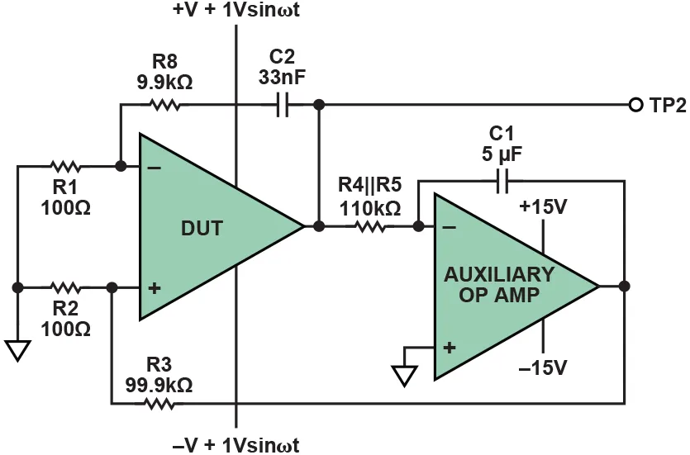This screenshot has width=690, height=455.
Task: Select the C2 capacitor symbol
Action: [283, 105]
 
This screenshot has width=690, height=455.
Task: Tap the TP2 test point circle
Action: [635, 105]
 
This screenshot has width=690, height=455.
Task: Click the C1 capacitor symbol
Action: [501, 180]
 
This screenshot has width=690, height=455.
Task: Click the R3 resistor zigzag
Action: [159, 404]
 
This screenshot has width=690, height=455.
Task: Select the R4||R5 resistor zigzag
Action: [370, 225]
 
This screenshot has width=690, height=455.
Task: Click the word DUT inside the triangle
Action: [202, 229]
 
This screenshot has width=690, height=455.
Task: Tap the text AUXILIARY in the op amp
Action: [499, 274]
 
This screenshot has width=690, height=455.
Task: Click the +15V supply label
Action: [542, 206]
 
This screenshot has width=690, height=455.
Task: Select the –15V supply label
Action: [542, 366]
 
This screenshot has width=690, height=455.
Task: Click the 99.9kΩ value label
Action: [159, 384]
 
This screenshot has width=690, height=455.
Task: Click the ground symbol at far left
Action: [17, 350]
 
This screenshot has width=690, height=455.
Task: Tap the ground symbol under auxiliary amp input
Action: [404, 375]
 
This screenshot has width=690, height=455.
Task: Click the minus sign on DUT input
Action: [154, 168]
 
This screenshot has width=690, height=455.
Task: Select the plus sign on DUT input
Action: [154, 288]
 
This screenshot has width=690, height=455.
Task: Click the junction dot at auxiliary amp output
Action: [624, 286]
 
